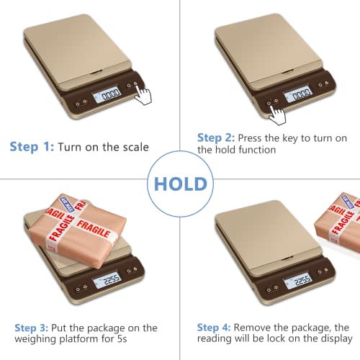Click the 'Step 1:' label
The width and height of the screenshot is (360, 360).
click(x=30, y=147)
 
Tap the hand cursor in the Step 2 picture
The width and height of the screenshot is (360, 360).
click(x=275, y=113)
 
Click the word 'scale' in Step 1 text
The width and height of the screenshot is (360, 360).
click(x=134, y=147)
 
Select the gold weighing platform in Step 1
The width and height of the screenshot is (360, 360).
click(x=79, y=54)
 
